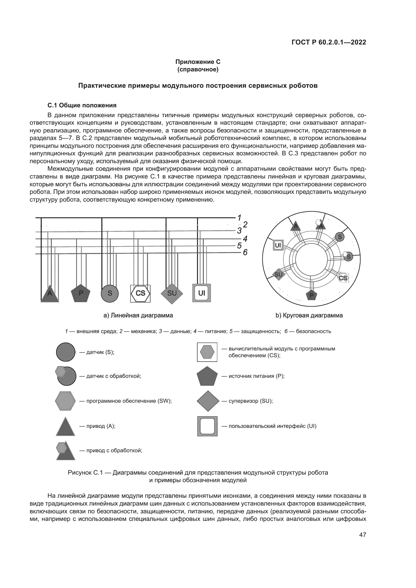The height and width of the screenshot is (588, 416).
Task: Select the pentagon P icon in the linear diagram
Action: click(81, 293)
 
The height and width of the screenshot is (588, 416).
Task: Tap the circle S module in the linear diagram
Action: click(110, 293)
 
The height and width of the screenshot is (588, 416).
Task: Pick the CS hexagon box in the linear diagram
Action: click(140, 293)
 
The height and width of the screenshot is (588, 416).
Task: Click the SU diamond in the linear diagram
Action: click(172, 293)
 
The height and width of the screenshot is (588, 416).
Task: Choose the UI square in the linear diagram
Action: click(202, 293)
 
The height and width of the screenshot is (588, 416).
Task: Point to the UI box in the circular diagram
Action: click(278, 245)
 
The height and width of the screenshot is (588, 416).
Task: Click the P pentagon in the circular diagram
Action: click(311, 295)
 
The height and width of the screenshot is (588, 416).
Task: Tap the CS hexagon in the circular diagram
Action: click(343, 278)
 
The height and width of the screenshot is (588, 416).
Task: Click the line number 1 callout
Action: click(239, 218)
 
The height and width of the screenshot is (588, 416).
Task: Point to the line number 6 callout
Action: click(245, 252)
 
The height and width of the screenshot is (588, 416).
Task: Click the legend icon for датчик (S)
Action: click(66, 352)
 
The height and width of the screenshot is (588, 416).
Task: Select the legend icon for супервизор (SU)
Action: click(208, 401)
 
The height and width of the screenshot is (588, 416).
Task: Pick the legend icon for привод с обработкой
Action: click(65, 450)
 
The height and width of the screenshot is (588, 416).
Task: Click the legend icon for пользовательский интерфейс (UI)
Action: click(207, 426)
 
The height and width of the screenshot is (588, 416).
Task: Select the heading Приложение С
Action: click(198, 62)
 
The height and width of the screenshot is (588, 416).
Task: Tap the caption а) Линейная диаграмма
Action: click(138, 315)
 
